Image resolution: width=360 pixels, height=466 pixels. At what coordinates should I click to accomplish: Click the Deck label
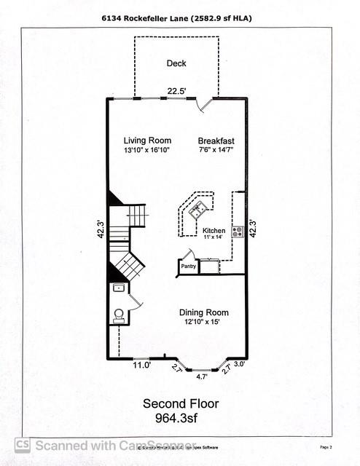pyautogui.click(x=176, y=63)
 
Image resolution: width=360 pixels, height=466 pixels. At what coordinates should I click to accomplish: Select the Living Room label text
pyautogui.click(x=146, y=141)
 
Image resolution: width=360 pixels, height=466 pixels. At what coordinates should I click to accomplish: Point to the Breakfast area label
pyautogui.click(x=216, y=141)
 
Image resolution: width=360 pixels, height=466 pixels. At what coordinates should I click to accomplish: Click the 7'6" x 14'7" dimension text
pyautogui.click(x=215, y=150)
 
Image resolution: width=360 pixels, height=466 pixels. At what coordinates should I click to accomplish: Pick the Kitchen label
pyautogui.click(x=214, y=230)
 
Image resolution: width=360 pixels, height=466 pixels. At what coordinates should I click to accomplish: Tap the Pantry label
pyautogui.click(x=189, y=267)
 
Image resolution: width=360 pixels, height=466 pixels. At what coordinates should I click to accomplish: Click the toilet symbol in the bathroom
pyautogui.click(x=119, y=315)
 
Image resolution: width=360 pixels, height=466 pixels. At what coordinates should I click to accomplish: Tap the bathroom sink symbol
pyautogui.click(x=118, y=288)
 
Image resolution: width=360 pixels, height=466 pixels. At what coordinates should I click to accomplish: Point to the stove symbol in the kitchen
pyautogui.click(x=237, y=232)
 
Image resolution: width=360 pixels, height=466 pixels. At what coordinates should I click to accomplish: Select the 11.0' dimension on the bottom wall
pyautogui.click(x=141, y=366)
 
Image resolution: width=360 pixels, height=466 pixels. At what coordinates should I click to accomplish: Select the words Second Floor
pyautogui.click(x=180, y=403)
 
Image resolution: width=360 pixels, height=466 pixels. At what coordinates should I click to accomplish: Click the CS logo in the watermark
pyautogui.click(x=23, y=444)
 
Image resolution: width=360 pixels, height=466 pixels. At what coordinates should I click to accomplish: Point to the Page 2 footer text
pyautogui.click(x=325, y=446)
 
